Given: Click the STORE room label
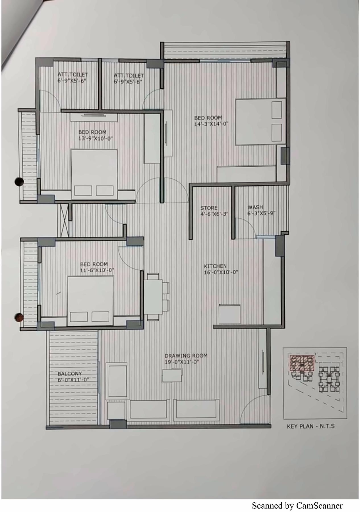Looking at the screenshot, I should (x=209, y=208).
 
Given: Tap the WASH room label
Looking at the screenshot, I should (x=255, y=207).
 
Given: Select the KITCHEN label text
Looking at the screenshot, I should (x=215, y=266).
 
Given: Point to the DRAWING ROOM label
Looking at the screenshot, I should (x=186, y=356).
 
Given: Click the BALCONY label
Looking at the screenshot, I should (x=70, y=374).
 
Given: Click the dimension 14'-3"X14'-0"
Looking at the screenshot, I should (x=211, y=124).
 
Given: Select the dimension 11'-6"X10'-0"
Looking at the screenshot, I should (x=97, y=270).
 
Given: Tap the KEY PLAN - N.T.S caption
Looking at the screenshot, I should (x=311, y=426).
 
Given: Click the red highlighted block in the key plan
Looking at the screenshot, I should (x=302, y=362).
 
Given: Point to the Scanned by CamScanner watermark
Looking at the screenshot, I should (x=297, y=506).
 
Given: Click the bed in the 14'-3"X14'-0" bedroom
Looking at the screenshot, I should (x=260, y=122).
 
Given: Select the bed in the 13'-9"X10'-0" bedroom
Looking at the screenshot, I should (x=94, y=174).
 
